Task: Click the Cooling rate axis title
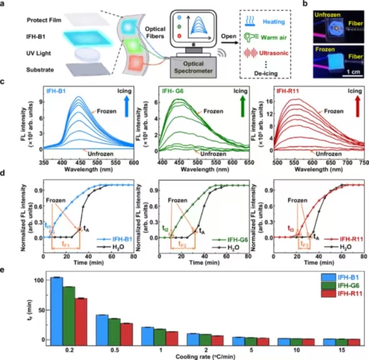pyautogui.click(x=198, y=357)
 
